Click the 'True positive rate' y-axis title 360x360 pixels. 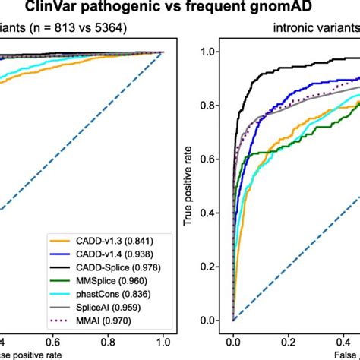point(187,186)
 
